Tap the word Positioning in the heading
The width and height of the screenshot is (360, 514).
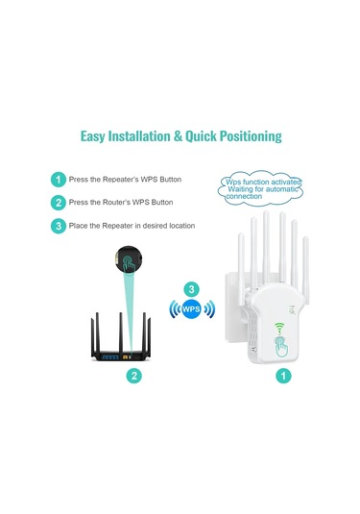[x=239, y=136]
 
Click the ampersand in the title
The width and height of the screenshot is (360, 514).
[x=178, y=136]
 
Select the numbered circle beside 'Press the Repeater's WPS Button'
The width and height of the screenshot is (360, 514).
[x=60, y=180]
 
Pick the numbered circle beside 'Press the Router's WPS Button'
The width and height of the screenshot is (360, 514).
[x=60, y=203]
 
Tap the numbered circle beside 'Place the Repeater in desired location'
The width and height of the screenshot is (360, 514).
[x=60, y=226]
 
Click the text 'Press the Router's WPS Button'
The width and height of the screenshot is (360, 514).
[x=121, y=203]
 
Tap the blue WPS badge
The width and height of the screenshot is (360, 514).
[x=192, y=310]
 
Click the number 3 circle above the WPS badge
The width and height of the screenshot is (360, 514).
[x=192, y=288]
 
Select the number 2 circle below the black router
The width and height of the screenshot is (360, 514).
[x=135, y=378]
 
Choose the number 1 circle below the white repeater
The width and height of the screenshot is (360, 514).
[x=283, y=378]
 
